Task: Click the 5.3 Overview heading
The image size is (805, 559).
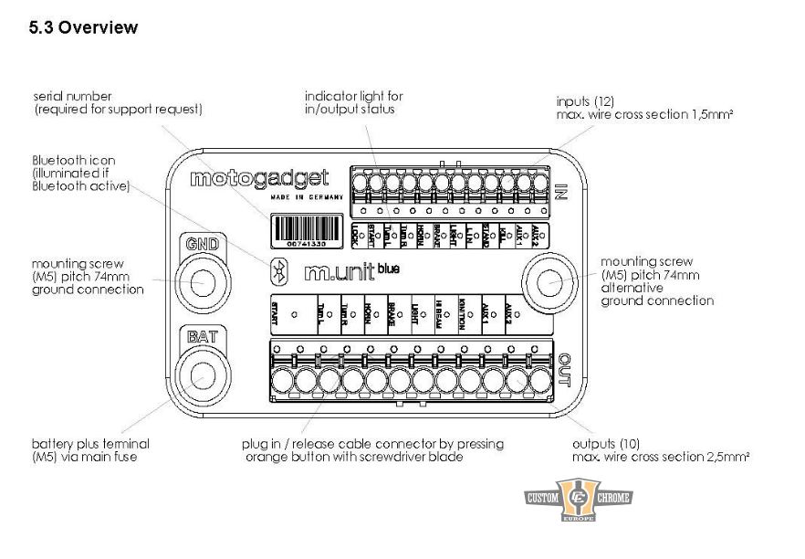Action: [84, 27]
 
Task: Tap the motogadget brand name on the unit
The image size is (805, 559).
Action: [259, 178]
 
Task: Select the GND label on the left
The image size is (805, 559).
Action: [201, 245]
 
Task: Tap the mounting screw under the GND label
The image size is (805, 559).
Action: [201, 283]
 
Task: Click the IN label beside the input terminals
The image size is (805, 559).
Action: [562, 190]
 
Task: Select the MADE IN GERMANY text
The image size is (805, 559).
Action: [307, 196]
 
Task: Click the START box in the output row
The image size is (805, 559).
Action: [289, 312]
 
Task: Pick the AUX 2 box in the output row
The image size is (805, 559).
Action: [524, 312]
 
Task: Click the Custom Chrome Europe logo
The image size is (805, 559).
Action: [578, 499]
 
